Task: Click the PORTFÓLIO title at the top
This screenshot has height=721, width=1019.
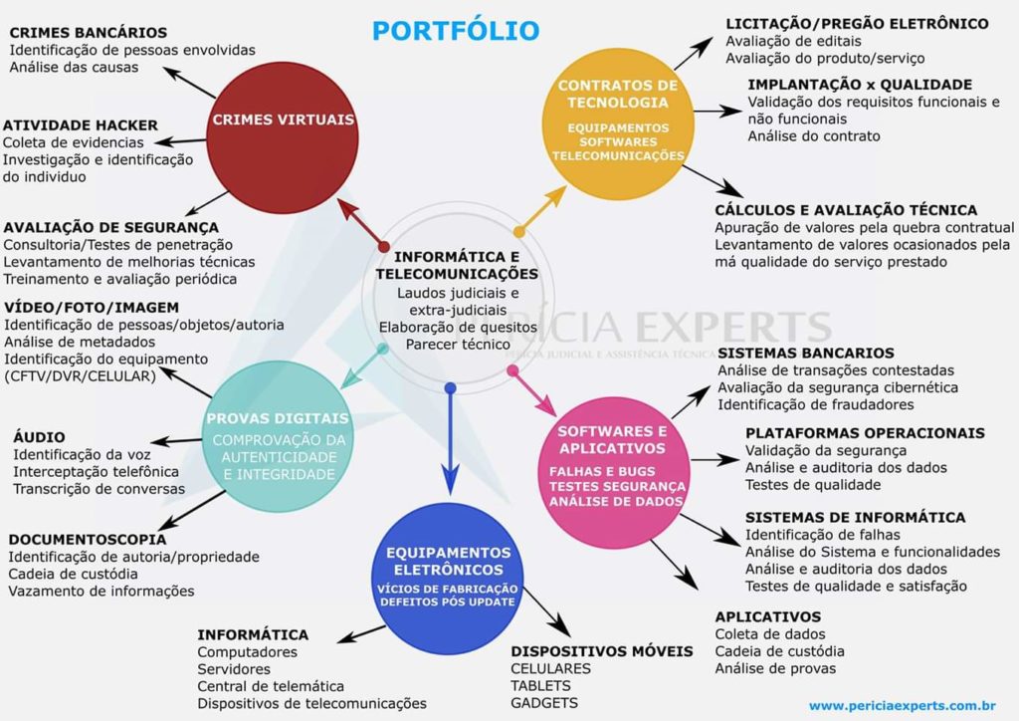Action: (456, 31)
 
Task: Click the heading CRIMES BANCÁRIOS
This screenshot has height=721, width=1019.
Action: (89, 33)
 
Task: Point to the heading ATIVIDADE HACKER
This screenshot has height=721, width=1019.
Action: (81, 125)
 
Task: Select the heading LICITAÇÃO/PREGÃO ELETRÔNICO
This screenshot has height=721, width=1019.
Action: (857, 23)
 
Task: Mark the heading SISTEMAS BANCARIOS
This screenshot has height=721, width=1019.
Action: (806, 353)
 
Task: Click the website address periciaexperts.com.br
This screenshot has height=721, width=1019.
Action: (903, 705)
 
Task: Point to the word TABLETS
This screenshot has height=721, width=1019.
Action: (541, 685)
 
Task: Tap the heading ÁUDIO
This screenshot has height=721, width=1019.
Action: (40, 436)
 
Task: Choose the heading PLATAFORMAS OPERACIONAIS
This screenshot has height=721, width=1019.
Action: (865, 433)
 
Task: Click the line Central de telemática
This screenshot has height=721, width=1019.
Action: (271, 686)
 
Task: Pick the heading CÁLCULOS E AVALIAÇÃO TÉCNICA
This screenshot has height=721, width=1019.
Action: (846, 210)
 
